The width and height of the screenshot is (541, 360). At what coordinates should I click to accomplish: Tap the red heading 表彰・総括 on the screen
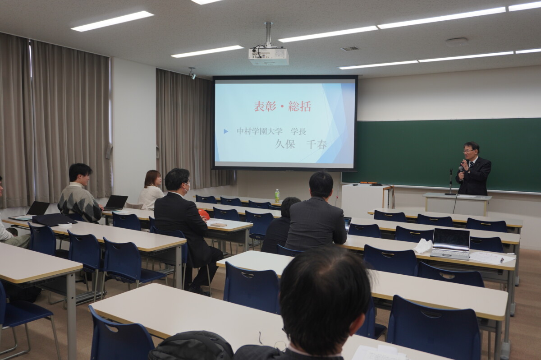282,106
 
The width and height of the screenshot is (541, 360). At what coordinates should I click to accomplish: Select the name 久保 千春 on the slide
301,144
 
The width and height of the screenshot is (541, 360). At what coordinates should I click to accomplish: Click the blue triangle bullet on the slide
226,131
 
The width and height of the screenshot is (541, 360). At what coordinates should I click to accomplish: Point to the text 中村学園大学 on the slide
259,131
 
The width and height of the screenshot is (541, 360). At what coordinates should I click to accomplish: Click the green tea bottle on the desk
277,196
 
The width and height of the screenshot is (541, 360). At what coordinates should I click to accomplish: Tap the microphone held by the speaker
461,172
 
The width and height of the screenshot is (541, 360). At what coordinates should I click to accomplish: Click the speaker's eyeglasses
468,151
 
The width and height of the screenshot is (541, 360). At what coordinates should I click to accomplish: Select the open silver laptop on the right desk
450,244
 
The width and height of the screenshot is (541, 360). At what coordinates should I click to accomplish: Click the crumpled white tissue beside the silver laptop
423,245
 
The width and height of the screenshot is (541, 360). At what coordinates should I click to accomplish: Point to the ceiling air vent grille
350,49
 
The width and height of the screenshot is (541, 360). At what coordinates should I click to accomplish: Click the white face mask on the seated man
187,188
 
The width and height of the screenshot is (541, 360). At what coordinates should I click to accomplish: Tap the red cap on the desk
204,214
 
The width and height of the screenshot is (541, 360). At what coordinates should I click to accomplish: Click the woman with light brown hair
151,190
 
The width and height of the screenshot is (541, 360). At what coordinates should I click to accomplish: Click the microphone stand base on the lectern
450,194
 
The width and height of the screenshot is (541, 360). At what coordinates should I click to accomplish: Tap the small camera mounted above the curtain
193,74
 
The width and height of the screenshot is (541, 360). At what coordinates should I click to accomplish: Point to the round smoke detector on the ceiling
456,42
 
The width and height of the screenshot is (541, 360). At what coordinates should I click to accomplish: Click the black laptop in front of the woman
115,203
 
